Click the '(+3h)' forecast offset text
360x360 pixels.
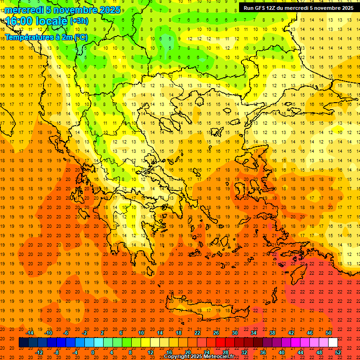(78, 21)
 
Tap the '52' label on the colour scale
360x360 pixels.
(338, 352)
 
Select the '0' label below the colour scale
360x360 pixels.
(92, 352)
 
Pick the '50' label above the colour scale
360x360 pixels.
(328, 333)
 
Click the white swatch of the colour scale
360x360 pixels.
(333, 343)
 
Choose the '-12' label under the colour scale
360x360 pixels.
(39, 352)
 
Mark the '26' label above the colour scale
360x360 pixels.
(216, 333)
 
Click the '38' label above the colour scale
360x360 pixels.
(272, 333)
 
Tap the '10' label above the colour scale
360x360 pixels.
(141, 333)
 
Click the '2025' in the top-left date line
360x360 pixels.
(110, 10)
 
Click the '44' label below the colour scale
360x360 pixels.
(300, 352)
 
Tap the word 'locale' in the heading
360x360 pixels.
(54, 21)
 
